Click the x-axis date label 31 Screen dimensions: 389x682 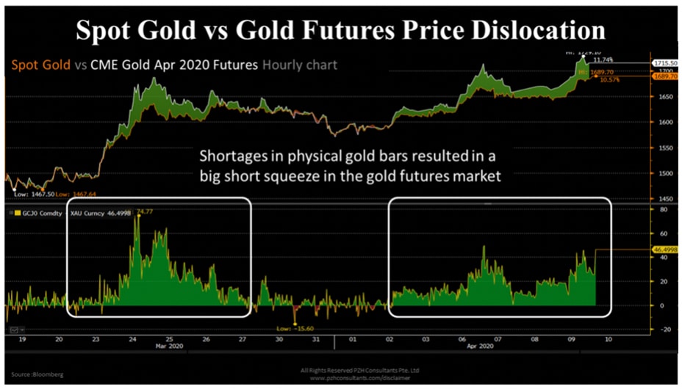[316, 340]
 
